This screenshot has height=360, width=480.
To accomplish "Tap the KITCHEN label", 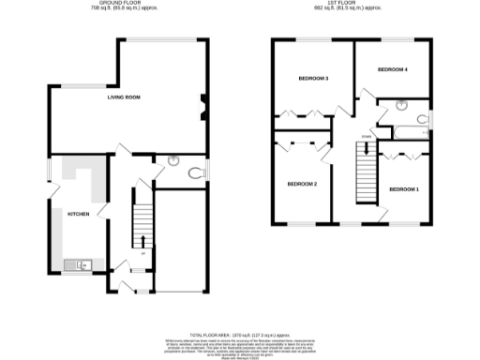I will (x=78, y=215).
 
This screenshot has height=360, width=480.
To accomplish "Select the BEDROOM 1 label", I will (x=403, y=189).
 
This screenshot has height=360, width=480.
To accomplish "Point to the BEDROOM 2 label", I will (x=302, y=184).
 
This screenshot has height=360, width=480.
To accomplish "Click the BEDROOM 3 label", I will (x=313, y=79).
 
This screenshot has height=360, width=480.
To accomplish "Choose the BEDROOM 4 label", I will (x=392, y=70).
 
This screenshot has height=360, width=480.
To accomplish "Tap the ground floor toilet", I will (x=194, y=172).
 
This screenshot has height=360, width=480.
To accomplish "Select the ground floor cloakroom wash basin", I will (x=172, y=160).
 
